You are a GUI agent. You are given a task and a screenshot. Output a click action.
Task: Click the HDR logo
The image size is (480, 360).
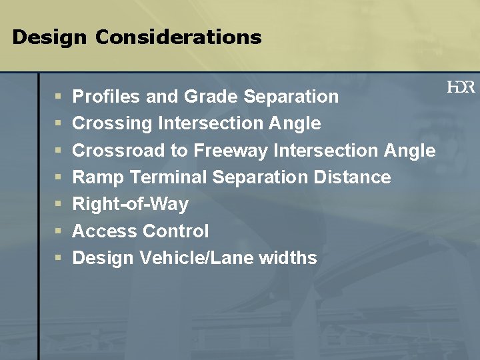point(461,87)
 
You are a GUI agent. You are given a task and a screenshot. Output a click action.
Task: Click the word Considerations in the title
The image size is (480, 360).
point(178,37)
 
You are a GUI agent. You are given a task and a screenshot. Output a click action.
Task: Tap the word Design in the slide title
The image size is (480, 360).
point(49,37)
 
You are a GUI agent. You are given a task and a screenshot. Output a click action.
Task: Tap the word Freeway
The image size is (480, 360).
point(231,151)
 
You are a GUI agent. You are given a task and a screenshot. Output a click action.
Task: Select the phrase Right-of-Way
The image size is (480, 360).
point(130,204)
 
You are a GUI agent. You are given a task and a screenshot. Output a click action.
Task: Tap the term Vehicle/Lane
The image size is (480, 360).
point(197,258)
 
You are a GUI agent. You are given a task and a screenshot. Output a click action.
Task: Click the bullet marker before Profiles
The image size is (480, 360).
point(59,97)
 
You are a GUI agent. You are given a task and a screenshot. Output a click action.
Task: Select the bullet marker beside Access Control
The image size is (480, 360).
point(59,232)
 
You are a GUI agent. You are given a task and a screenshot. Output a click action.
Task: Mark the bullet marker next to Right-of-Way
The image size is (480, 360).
point(59,205)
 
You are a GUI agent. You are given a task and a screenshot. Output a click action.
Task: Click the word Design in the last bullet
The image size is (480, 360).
point(103,258)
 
